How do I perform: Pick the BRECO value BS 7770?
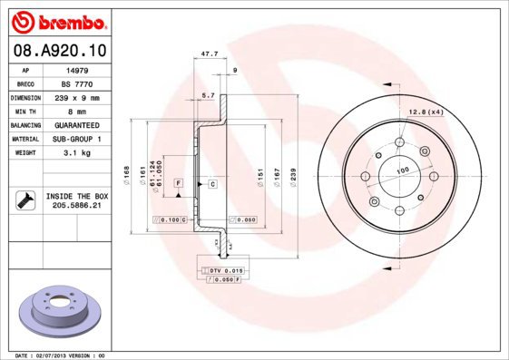click(x=75, y=83)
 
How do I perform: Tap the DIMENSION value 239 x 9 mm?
click(x=75, y=97)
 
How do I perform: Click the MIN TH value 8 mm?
click(x=75, y=111)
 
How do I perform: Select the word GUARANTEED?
click(x=75, y=125)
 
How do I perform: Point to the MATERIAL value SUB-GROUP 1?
click(x=75, y=140)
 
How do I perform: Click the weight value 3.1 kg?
click(x=75, y=153)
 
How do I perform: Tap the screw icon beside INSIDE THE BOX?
click(x=24, y=201)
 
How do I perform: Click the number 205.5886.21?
click(x=76, y=207)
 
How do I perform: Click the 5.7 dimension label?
click(x=207, y=94)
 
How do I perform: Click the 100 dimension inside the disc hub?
click(x=401, y=171)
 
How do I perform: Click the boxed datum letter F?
click(x=179, y=184)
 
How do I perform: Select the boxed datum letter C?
click(x=211, y=184)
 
